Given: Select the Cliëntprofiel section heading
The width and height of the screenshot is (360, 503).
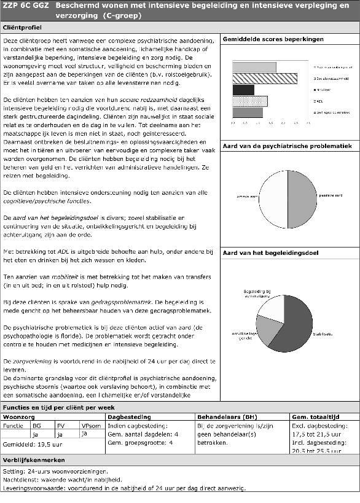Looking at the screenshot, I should [x=23, y=28].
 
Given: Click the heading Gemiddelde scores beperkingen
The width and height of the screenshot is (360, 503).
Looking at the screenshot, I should [x=273, y=39].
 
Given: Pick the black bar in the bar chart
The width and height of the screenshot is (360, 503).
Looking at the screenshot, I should [x=243, y=90].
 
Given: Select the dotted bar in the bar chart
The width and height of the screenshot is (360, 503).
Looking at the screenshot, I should [x=249, y=101].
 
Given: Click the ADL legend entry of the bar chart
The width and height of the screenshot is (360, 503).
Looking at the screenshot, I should [x=320, y=101].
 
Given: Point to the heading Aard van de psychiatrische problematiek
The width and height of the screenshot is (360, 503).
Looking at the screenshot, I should [x=287, y=146].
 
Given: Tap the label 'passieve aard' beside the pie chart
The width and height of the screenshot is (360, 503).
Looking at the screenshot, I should [x=334, y=195].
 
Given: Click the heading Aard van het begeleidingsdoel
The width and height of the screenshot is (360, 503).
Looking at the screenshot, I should [x=270, y=252].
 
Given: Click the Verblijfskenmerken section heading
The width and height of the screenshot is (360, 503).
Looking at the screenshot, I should [x=33, y=460].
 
